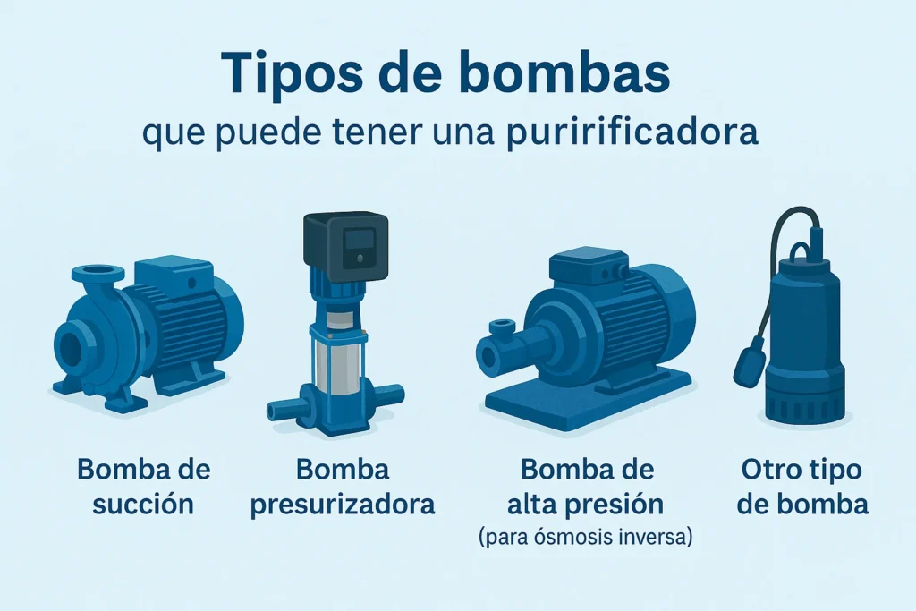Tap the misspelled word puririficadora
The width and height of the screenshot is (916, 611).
(632, 134)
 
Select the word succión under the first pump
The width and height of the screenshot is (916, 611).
(143, 505)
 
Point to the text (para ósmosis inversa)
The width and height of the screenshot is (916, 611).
(585, 536)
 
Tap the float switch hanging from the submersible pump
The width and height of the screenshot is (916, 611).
(751, 360)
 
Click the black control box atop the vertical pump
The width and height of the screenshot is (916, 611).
(346, 247)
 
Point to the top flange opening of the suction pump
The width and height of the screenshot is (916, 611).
(98, 272)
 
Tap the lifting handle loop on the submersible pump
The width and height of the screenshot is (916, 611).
(803, 255)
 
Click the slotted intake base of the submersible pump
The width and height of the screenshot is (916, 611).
(804, 404)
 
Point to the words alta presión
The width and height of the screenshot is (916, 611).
(585, 505)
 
